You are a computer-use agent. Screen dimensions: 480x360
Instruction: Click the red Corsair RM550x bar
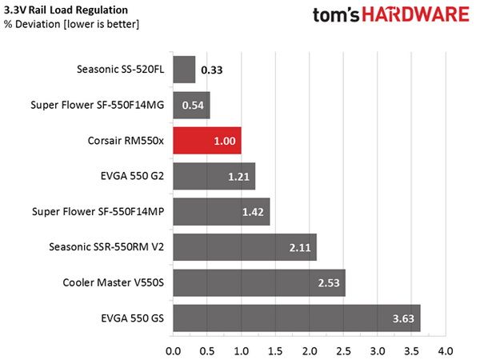click(x=207, y=141)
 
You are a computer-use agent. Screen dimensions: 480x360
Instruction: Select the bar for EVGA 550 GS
click(x=297, y=318)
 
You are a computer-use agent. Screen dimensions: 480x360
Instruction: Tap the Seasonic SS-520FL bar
click(x=184, y=70)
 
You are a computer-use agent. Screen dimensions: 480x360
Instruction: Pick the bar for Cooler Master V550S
click(x=259, y=282)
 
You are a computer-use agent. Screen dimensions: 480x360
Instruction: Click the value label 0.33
click(x=212, y=70)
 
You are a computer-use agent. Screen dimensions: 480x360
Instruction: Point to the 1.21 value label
click(x=238, y=177)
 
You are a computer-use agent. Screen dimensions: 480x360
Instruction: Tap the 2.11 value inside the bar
click(x=300, y=247)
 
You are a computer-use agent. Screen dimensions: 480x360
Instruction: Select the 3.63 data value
click(x=403, y=318)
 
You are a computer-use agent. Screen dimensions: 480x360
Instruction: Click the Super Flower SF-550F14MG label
click(x=98, y=105)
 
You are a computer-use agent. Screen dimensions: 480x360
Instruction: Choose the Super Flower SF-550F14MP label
click(x=98, y=211)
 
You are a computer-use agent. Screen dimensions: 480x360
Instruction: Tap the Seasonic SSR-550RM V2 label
click(x=106, y=246)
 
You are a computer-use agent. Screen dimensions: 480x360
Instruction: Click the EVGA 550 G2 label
click(x=132, y=176)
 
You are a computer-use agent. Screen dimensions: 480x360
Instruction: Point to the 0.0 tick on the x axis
click(x=174, y=351)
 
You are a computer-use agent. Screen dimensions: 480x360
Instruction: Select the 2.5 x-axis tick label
click(x=343, y=351)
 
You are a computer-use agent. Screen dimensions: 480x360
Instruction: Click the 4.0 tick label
click(x=446, y=351)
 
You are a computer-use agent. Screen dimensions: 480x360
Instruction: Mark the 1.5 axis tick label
click(x=275, y=351)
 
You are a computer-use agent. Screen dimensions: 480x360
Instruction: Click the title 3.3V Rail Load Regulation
click(x=66, y=10)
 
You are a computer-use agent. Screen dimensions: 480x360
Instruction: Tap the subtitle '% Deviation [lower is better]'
click(x=71, y=24)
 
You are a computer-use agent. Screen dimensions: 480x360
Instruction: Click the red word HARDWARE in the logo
click(x=416, y=14)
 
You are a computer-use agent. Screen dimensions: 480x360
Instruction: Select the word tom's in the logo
click(x=336, y=15)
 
